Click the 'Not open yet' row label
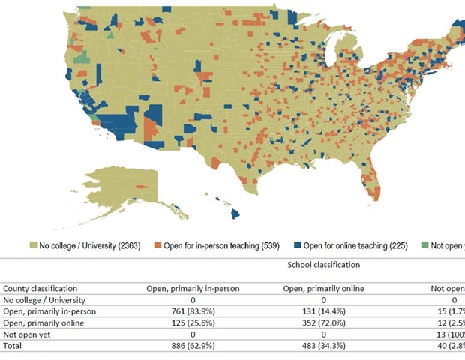[x=25, y=333]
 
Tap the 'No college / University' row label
[x=44, y=299]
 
